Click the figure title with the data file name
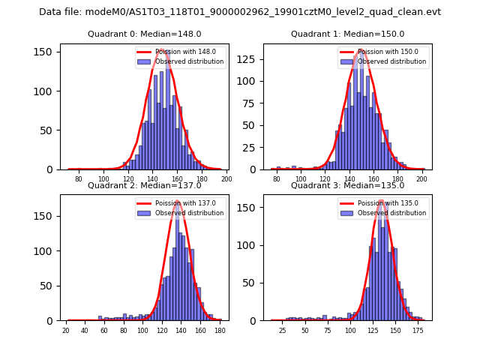240,12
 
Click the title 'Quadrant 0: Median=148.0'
145,34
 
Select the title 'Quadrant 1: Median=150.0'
347,34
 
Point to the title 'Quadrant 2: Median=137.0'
145,185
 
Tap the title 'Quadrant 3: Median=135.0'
347,185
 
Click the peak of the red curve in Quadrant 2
178,202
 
